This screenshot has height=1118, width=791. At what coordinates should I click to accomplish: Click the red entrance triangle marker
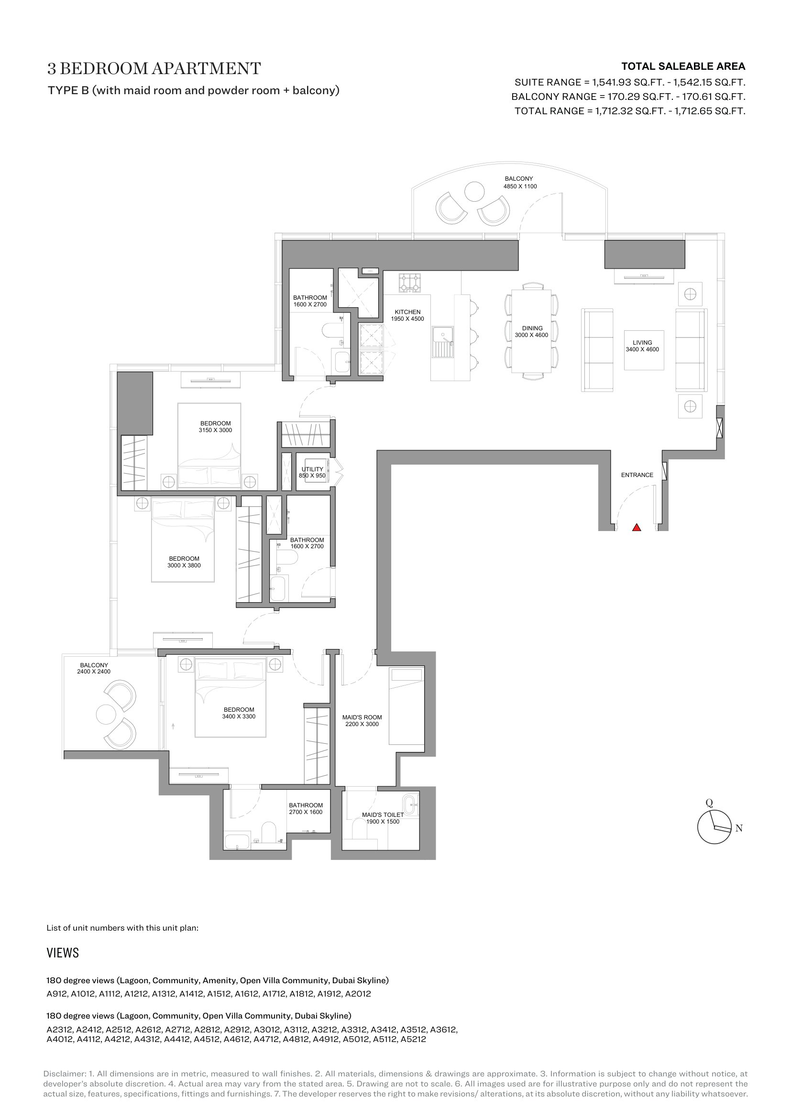tap(636, 527)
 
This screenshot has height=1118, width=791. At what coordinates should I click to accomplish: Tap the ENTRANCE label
tap(637, 475)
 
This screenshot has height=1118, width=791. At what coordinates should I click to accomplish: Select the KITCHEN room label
tap(407, 312)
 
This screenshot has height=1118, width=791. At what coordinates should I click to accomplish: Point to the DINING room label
tap(532, 328)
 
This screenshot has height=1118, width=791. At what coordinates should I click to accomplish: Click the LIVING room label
tap(642, 342)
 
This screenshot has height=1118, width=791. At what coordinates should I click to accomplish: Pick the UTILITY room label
tap(312, 469)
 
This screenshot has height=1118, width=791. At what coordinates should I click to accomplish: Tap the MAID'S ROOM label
tap(362, 717)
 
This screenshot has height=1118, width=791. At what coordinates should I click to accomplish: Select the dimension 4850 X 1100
tap(520, 186)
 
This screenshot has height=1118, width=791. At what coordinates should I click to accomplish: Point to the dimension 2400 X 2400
tap(94, 672)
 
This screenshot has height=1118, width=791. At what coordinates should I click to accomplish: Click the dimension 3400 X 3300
tap(239, 716)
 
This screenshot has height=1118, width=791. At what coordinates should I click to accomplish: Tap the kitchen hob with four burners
tap(410, 283)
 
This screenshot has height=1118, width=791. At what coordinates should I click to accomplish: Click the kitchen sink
tap(442, 342)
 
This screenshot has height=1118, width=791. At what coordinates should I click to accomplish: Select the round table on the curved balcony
tap(474, 191)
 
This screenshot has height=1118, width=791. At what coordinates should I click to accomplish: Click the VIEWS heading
tap(63, 953)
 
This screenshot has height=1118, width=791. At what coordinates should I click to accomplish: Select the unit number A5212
tap(413, 1039)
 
